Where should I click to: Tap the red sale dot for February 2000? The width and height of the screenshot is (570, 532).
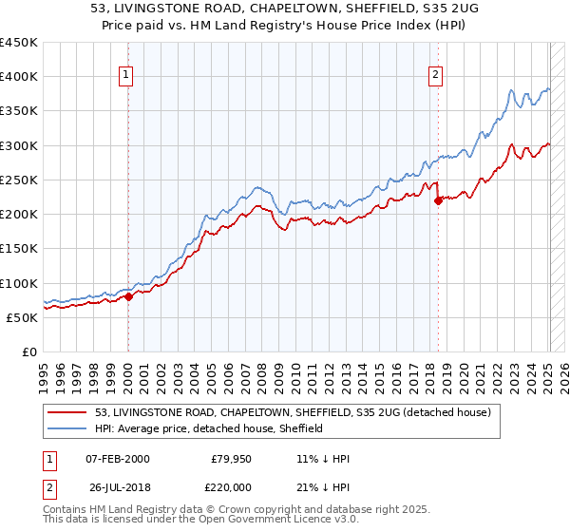pos(128,296)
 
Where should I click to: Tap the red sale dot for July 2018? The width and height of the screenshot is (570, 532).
pos(438,200)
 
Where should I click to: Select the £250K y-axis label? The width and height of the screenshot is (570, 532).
pos(19,180)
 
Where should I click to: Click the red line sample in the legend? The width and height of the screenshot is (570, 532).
pos(68,412)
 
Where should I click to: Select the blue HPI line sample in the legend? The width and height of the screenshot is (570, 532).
pos(68,428)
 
